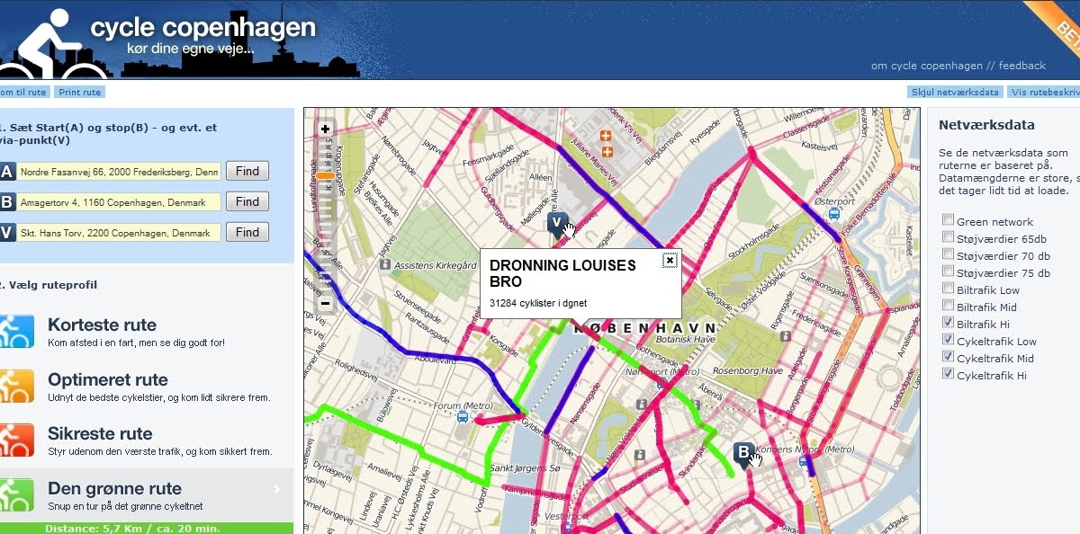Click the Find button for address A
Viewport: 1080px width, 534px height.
[x=247, y=171]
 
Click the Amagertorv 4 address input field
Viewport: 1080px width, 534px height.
[x=120, y=202]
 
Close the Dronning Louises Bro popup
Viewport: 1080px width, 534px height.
[x=670, y=261]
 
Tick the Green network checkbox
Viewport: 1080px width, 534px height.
[x=948, y=221]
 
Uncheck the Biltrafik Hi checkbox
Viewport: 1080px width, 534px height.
[x=948, y=323]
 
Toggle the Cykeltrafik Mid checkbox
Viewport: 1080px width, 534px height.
[x=948, y=357]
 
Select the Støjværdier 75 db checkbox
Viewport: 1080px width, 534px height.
[x=948, y=272]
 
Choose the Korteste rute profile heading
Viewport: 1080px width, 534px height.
[x=102, y=325]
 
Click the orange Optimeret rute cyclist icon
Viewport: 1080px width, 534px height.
[x=17, y=387]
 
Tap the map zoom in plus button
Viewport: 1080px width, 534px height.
[x=325, y=129]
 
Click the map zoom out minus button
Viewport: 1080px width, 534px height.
[x=325, y=304]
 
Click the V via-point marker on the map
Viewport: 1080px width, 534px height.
[x=556, y=223]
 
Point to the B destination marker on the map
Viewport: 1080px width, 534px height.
[x=743, y=452]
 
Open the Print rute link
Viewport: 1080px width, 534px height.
[x=79, y=93]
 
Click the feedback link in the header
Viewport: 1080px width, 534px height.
[x=1021, y=66]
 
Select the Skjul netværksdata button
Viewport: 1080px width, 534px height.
[x=955, y=93]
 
